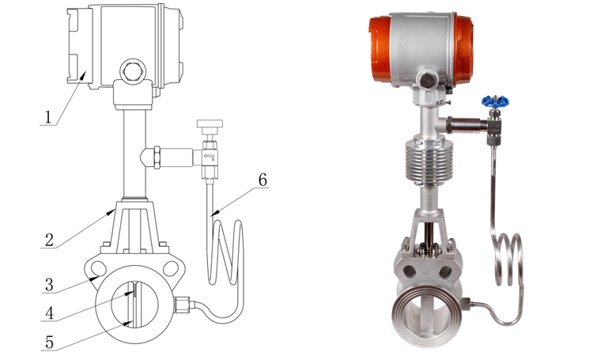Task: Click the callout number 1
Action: (47, 117)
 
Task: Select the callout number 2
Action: (49, 240)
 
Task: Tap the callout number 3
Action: (49, 285)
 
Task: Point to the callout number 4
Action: (49, 313)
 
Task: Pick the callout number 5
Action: (49, 343)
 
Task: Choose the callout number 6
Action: (263, 180)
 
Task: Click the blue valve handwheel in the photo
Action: (495, 101)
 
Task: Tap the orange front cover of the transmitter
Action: (379, 49)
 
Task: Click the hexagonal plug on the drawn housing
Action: (132, 71)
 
